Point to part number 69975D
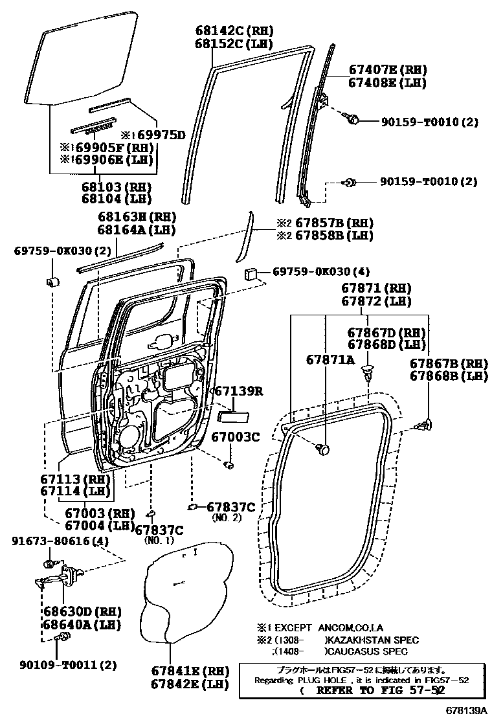(x=159, y=135)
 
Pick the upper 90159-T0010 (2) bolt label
(x=429, y=121)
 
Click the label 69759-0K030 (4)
(x=320, y=272)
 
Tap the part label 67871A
(x=330, y=359)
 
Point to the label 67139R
(x=239, y=392)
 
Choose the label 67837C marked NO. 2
(x=230, y=507)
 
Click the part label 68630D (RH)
(x=82, y=611)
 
